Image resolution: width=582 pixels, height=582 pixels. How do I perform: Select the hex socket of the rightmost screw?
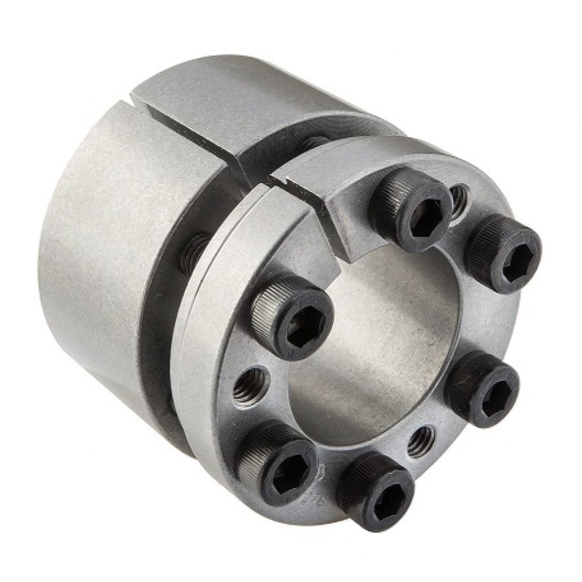pos(511,257)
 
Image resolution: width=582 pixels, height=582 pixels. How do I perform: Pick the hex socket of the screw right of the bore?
pos(490,392)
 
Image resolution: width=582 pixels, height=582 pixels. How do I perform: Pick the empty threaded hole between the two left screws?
pos(250,387)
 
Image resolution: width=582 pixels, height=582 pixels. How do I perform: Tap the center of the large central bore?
pos(375,343)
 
